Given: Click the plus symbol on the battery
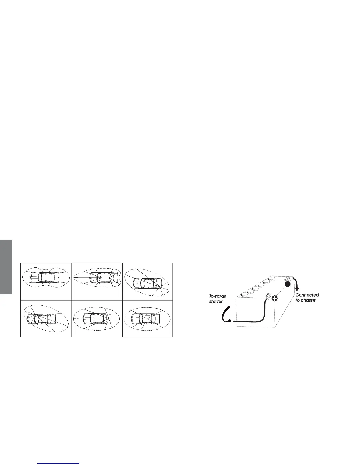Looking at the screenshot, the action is click(x=274, y=299).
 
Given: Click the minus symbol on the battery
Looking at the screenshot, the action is click(x=288, y=284).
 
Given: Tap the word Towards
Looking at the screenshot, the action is click(x=217, y=296).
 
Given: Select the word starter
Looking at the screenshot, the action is click(x=216, y=301).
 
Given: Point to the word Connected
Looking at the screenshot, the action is click(x=307, y=295).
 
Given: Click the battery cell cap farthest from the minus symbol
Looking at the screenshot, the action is click(x=244, y=294).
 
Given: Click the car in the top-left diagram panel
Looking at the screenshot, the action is click(x=46, y=277).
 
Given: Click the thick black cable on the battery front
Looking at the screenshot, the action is click(x=256, y=320).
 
